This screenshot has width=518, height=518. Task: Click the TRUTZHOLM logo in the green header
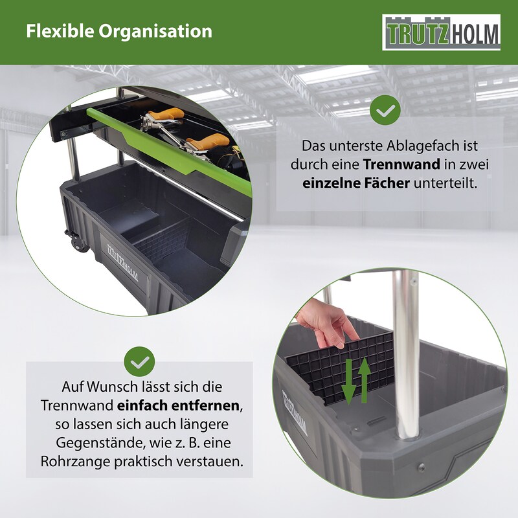coord(441,32)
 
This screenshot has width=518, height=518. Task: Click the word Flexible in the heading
coord(60,31)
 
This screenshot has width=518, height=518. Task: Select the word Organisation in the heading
coord(155,32)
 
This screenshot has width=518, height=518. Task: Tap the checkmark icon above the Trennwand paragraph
coord(385,110)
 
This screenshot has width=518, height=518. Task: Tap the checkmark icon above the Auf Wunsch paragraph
coord(139,361)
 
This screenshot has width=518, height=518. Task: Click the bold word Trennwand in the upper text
coord(401,164)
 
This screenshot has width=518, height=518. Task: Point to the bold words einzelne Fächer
coord(356,183)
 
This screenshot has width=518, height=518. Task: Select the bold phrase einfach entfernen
coord(178,406)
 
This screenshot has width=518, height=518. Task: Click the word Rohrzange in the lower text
coord(76,462)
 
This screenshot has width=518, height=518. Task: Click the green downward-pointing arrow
coord(348,382)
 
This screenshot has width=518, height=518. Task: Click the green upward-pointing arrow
coord(364,380)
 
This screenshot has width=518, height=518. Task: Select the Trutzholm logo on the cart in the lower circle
coord(295,412)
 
